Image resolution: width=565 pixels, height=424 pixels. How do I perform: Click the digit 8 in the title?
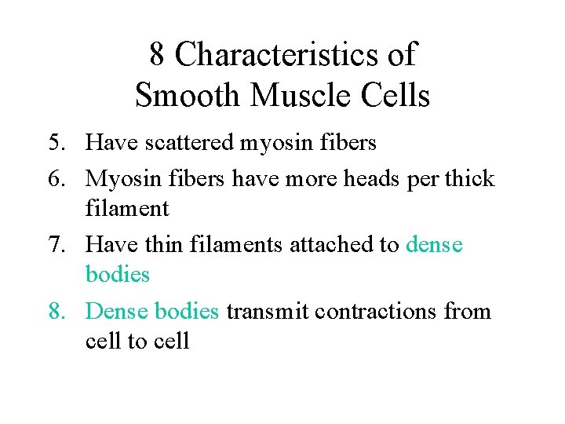pos(157,55)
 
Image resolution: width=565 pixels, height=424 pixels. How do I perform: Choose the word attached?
pos(323,245)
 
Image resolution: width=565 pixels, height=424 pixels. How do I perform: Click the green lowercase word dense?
pos(434,245)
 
